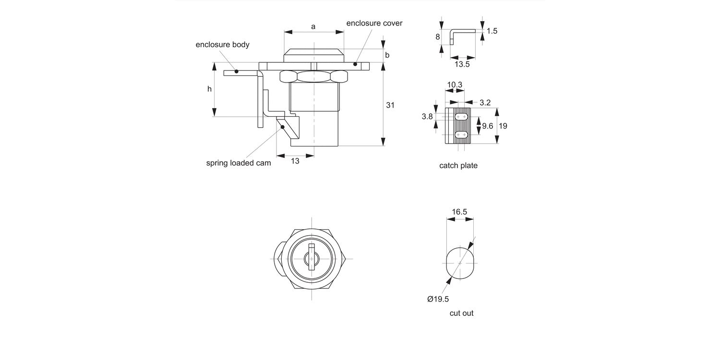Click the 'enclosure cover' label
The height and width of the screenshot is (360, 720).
tap(374, 23)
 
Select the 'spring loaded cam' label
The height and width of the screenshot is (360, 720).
tap(239, 163)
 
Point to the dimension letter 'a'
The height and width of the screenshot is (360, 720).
tap(313, 26)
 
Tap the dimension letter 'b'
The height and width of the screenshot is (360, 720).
tap(387, 55)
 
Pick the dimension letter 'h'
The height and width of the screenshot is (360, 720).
tap(209, 89)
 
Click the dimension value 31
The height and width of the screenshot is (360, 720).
tap(390, 105)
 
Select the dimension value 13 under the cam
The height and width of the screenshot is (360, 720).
tap(295, 161)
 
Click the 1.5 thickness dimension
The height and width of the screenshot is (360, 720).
tap(492, 31)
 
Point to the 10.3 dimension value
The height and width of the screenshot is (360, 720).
tap(455, 84)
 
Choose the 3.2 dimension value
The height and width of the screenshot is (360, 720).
tap(485, 102)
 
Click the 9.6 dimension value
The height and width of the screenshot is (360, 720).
tap(488, 126)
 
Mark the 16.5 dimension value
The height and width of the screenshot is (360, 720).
tap(459, 211)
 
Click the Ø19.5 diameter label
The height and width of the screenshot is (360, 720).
tap(438, 299)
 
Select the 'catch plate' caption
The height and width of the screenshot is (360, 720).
tap(458, 166)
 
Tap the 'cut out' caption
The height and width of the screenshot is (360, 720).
tap(461, 313)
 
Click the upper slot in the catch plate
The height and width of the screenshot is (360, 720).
tap(461, 117)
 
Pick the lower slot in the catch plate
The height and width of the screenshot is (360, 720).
tap(461, 135)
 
